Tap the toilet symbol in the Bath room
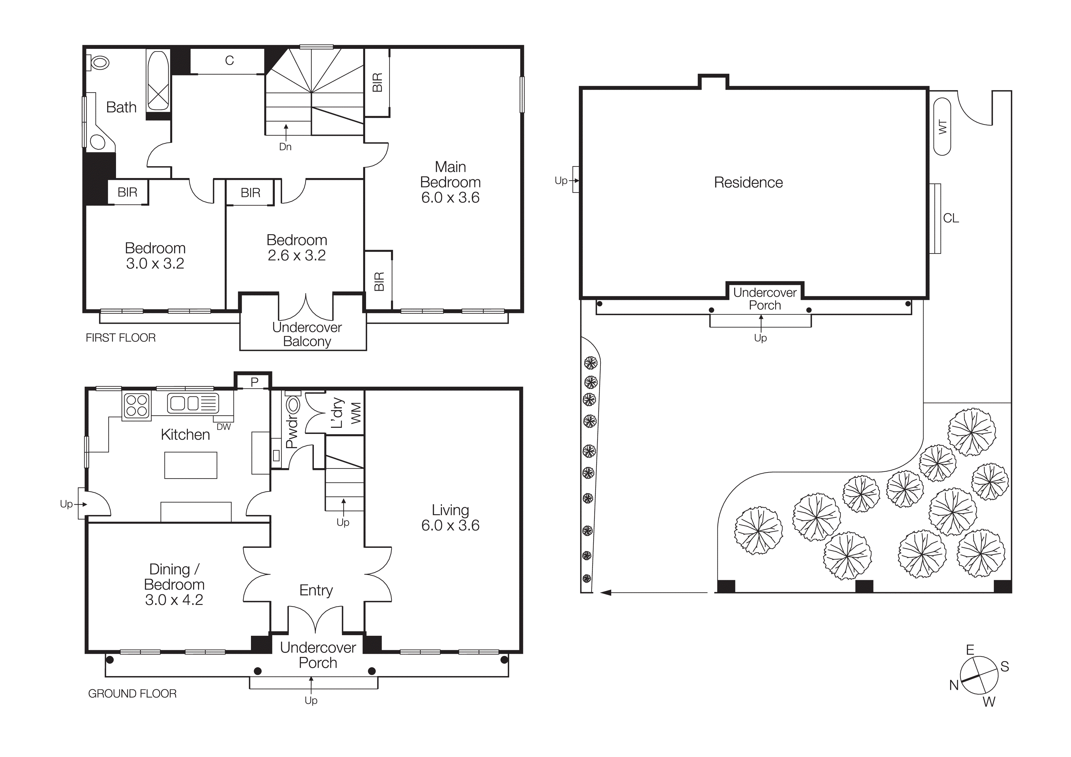pos(99,63)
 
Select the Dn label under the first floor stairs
pos(285,147)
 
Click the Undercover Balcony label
pos(307,334)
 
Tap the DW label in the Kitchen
pos(223,427)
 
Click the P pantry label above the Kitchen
pos(254,382)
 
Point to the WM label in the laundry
pos(356,413)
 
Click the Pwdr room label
pos(292,432)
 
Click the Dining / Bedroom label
pos(174,577)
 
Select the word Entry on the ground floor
pos(316,591)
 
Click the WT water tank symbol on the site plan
pos(942,127)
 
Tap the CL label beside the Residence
pos(951,218)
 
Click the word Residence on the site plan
pos(748,182)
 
